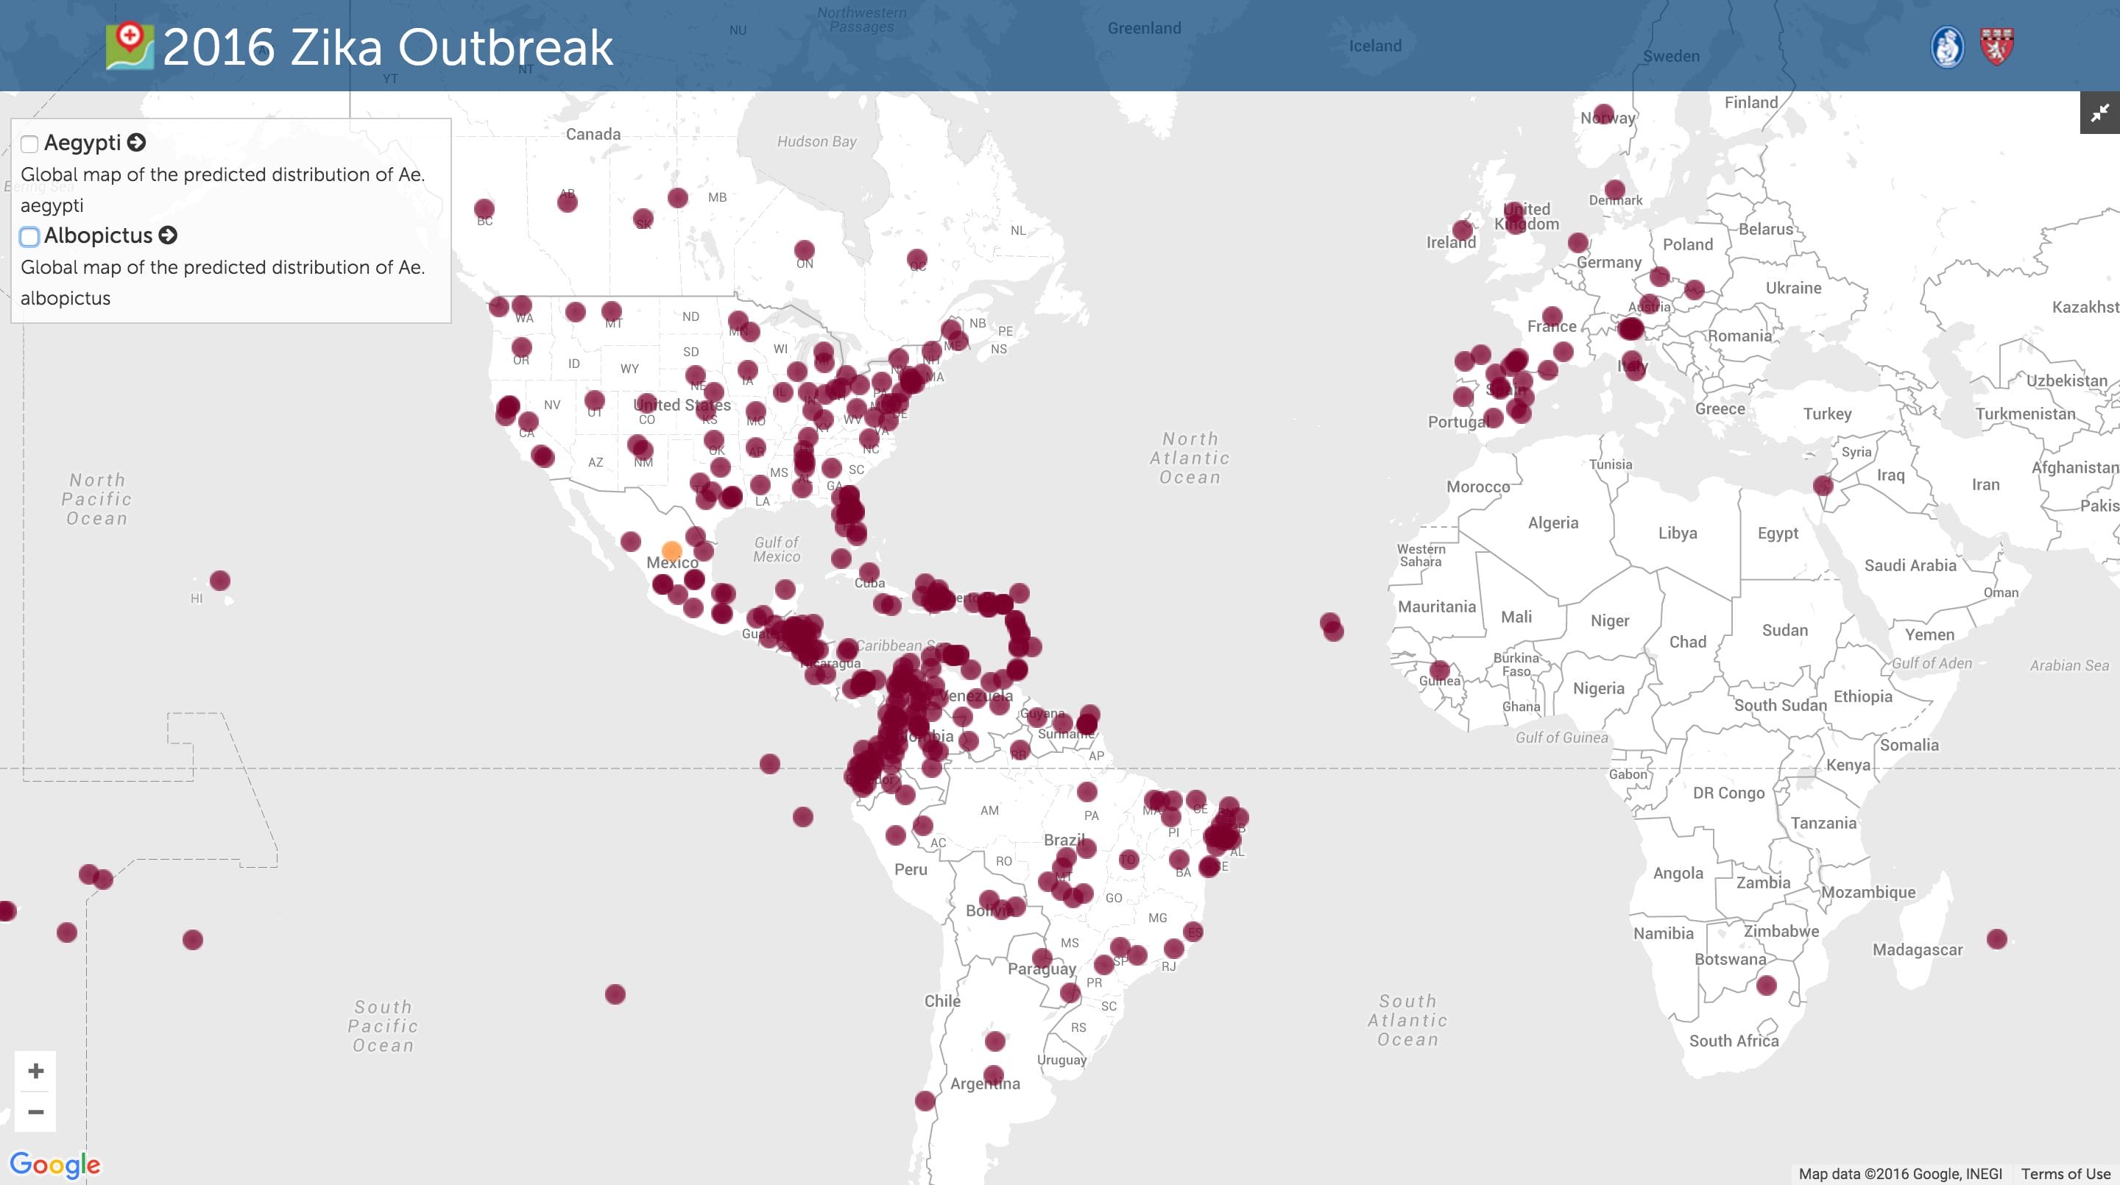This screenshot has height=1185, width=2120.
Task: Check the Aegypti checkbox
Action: click(29, 144)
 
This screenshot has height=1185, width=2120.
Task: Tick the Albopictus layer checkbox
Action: click(29, 237)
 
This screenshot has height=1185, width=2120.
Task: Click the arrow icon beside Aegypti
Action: click(137, 142)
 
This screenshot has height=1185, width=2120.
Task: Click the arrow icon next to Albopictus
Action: click(168, 236)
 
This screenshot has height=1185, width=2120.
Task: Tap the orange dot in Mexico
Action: click(671, 551)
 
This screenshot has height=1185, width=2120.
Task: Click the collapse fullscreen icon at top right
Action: click(2099, 113)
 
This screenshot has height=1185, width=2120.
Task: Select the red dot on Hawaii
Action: click(220, 581)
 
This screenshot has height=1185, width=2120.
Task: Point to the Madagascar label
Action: click(1917, 949)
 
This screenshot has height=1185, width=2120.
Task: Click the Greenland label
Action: click(1144, 28)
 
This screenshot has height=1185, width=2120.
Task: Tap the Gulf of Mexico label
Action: click(776, 549)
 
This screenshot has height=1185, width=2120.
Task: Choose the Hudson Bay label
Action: click(816, 141)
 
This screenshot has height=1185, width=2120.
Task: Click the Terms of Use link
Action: click(2065, 1173)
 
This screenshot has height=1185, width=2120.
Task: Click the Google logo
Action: click(55, 1164)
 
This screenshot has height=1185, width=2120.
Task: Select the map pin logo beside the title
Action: click(130, 46)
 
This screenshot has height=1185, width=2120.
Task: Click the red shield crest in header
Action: click(1996, 46)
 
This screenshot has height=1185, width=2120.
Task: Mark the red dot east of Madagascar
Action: click(1996, 939)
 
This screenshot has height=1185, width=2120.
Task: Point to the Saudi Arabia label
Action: click(1909, 565)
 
